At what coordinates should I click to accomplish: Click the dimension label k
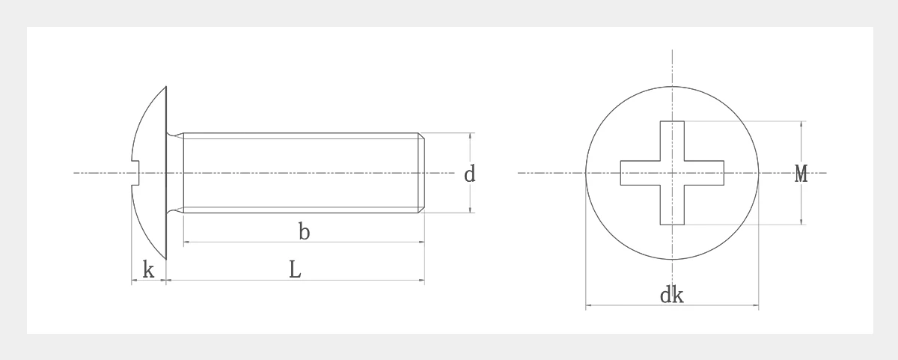coord(148,269)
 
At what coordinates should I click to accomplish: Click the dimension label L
coord(295,269)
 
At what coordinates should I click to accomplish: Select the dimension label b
coord(305,231)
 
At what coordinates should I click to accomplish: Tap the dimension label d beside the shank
coord(469,174)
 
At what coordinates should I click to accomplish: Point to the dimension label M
coord(801,174)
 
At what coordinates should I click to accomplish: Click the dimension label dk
coord(672,296)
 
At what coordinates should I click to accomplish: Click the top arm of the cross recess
coord(672,141)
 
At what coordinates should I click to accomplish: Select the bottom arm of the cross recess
coord(672,205)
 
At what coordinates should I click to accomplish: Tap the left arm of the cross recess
coord(641,173)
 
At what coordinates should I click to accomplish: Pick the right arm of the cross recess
coord(704,173)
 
